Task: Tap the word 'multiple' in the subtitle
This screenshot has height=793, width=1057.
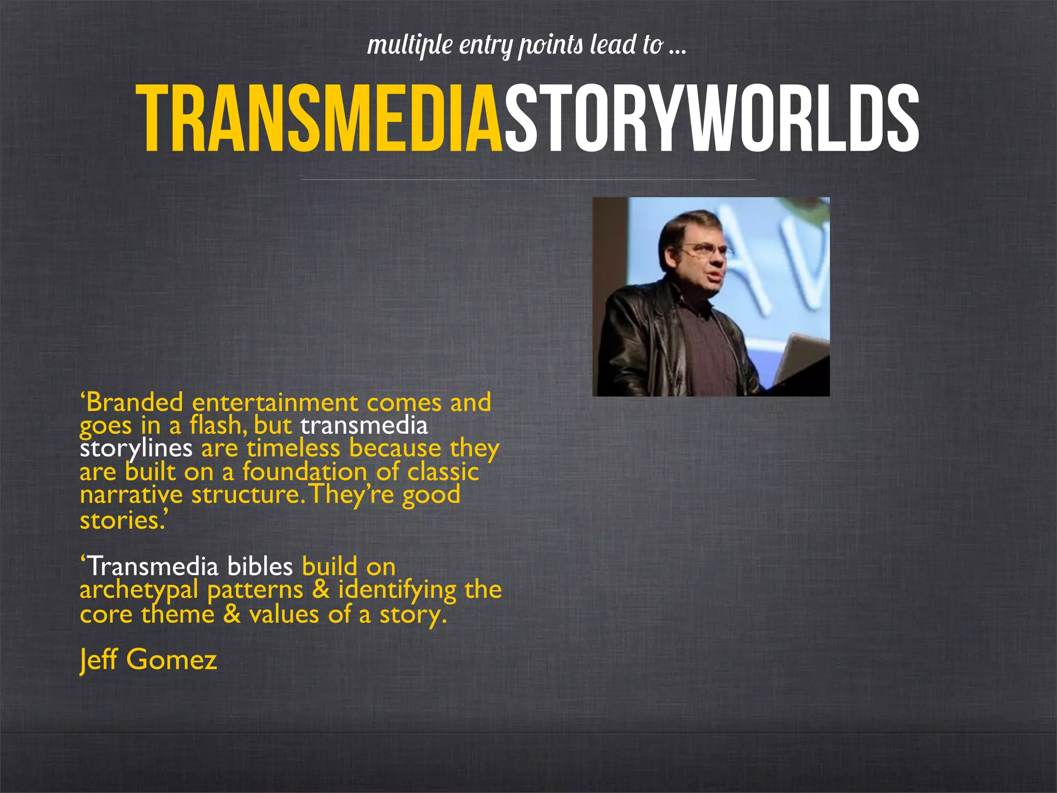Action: (x=410, y=45)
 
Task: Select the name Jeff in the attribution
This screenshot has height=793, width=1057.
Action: (x=98, y=660)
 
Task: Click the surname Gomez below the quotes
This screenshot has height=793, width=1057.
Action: (x=171, y=660)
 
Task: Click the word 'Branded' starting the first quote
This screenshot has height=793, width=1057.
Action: (x=134, y=403)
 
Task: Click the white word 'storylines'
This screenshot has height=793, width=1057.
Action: (x=136, y=448)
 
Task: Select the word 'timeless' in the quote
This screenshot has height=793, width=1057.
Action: (x=293, y=448)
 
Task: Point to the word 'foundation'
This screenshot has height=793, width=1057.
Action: (x=305, y=472)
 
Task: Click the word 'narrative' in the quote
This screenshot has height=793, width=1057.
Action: (x=131, y=495)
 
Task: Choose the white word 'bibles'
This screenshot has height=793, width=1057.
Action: (x=260, y=567)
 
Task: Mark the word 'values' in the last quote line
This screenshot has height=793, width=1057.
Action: (x=284, y=614)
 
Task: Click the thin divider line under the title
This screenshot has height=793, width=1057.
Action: (x=528, y=180)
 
